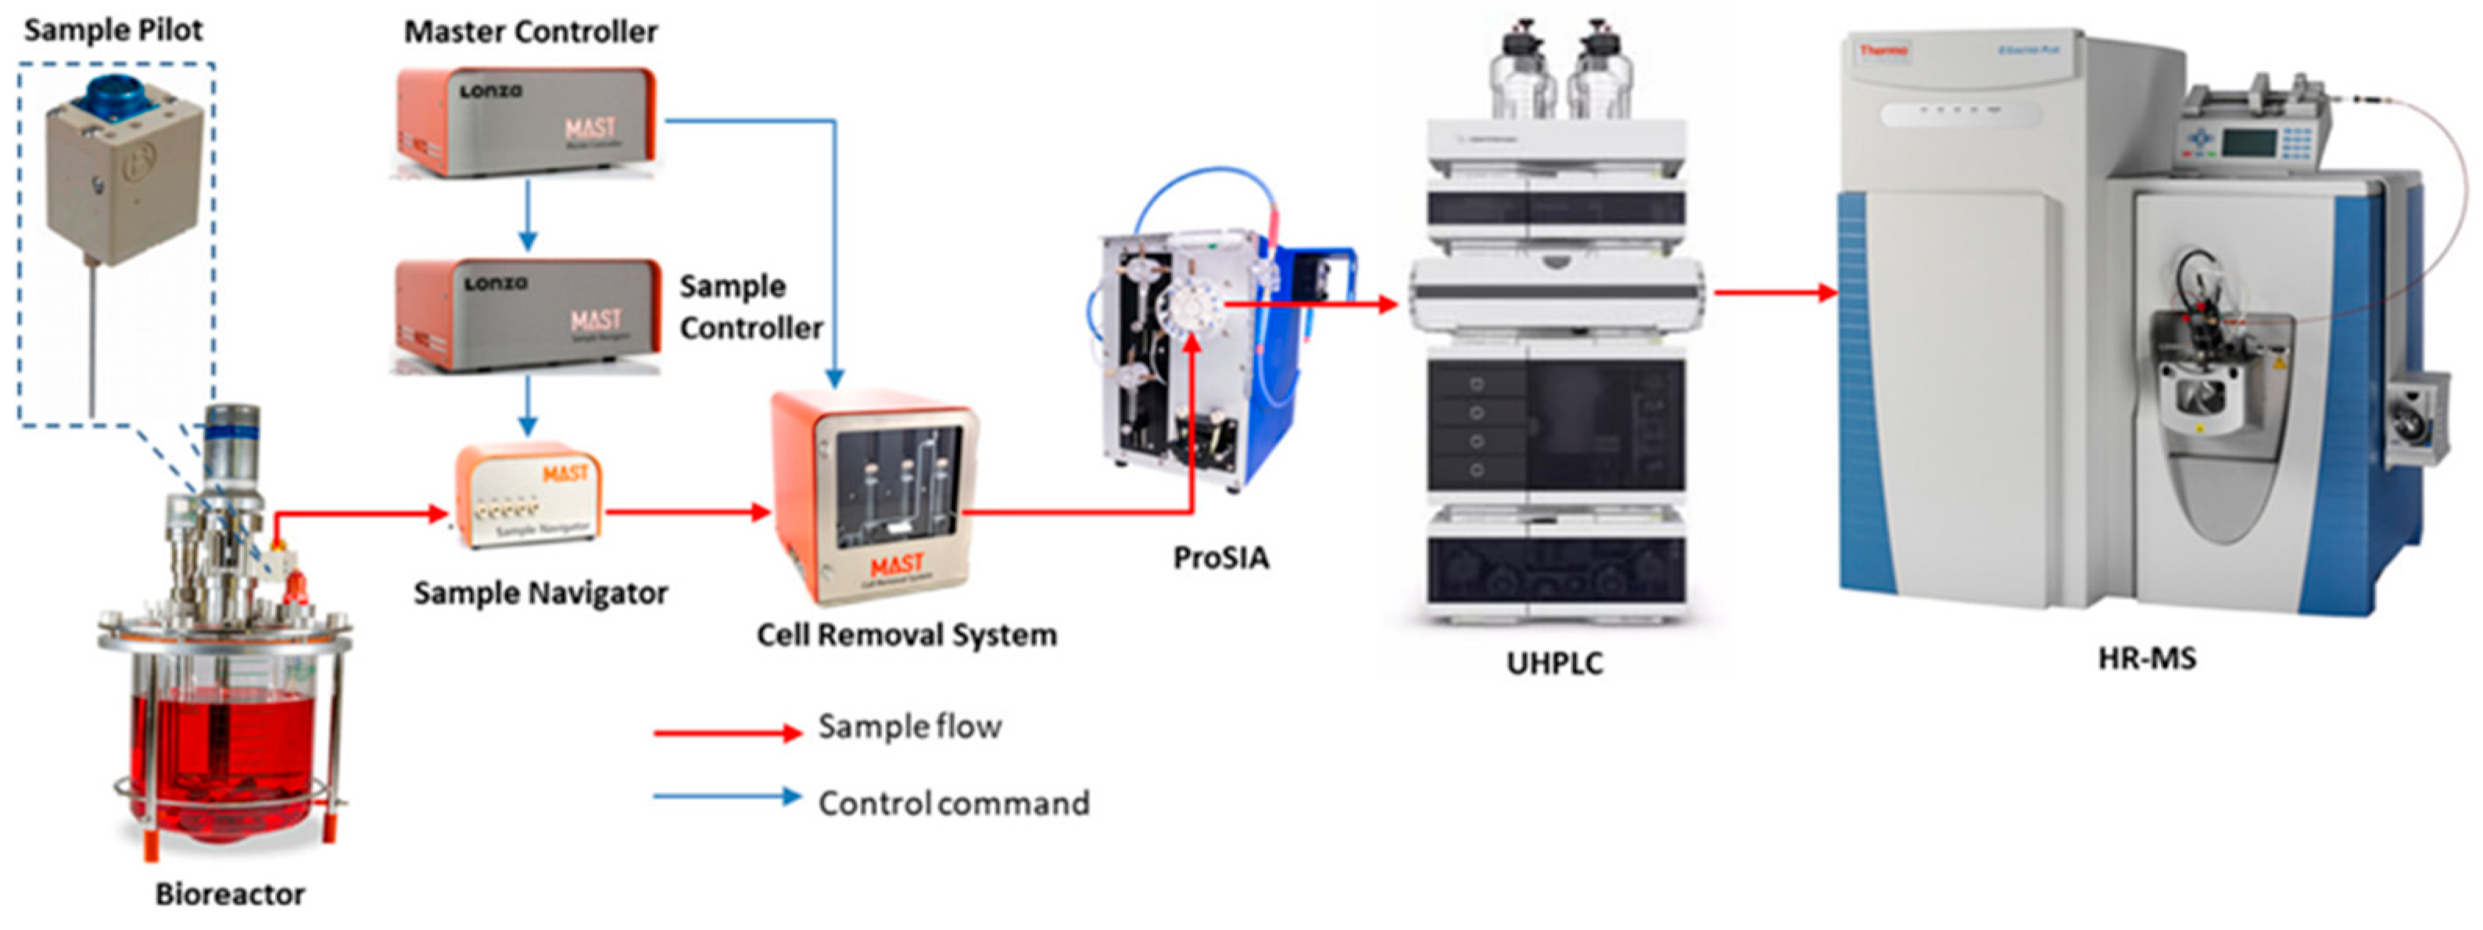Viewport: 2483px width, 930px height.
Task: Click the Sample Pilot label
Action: tap(113, 30)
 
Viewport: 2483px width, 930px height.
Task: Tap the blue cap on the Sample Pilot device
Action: tap(113, 100)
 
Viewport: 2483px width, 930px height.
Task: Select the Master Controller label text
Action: tap(530, 32)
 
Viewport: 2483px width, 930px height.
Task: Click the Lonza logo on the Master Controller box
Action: tap(491, 91)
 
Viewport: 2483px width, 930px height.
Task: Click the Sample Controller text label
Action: tap(750, 306)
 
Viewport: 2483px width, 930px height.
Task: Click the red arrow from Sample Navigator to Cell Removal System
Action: tap(686, 512)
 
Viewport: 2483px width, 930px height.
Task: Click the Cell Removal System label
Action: tap(906, 635)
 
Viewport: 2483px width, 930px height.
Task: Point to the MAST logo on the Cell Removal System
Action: tap(897, 563)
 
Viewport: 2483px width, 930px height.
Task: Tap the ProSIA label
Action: tap(1220, 557)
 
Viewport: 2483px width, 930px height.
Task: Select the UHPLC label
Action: tap(1553, 663)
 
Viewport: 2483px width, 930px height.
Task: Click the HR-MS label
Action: tap(2147, 658)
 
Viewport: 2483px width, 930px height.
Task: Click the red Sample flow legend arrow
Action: tap(728, 733)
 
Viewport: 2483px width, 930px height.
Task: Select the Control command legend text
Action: tap(953, 803)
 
